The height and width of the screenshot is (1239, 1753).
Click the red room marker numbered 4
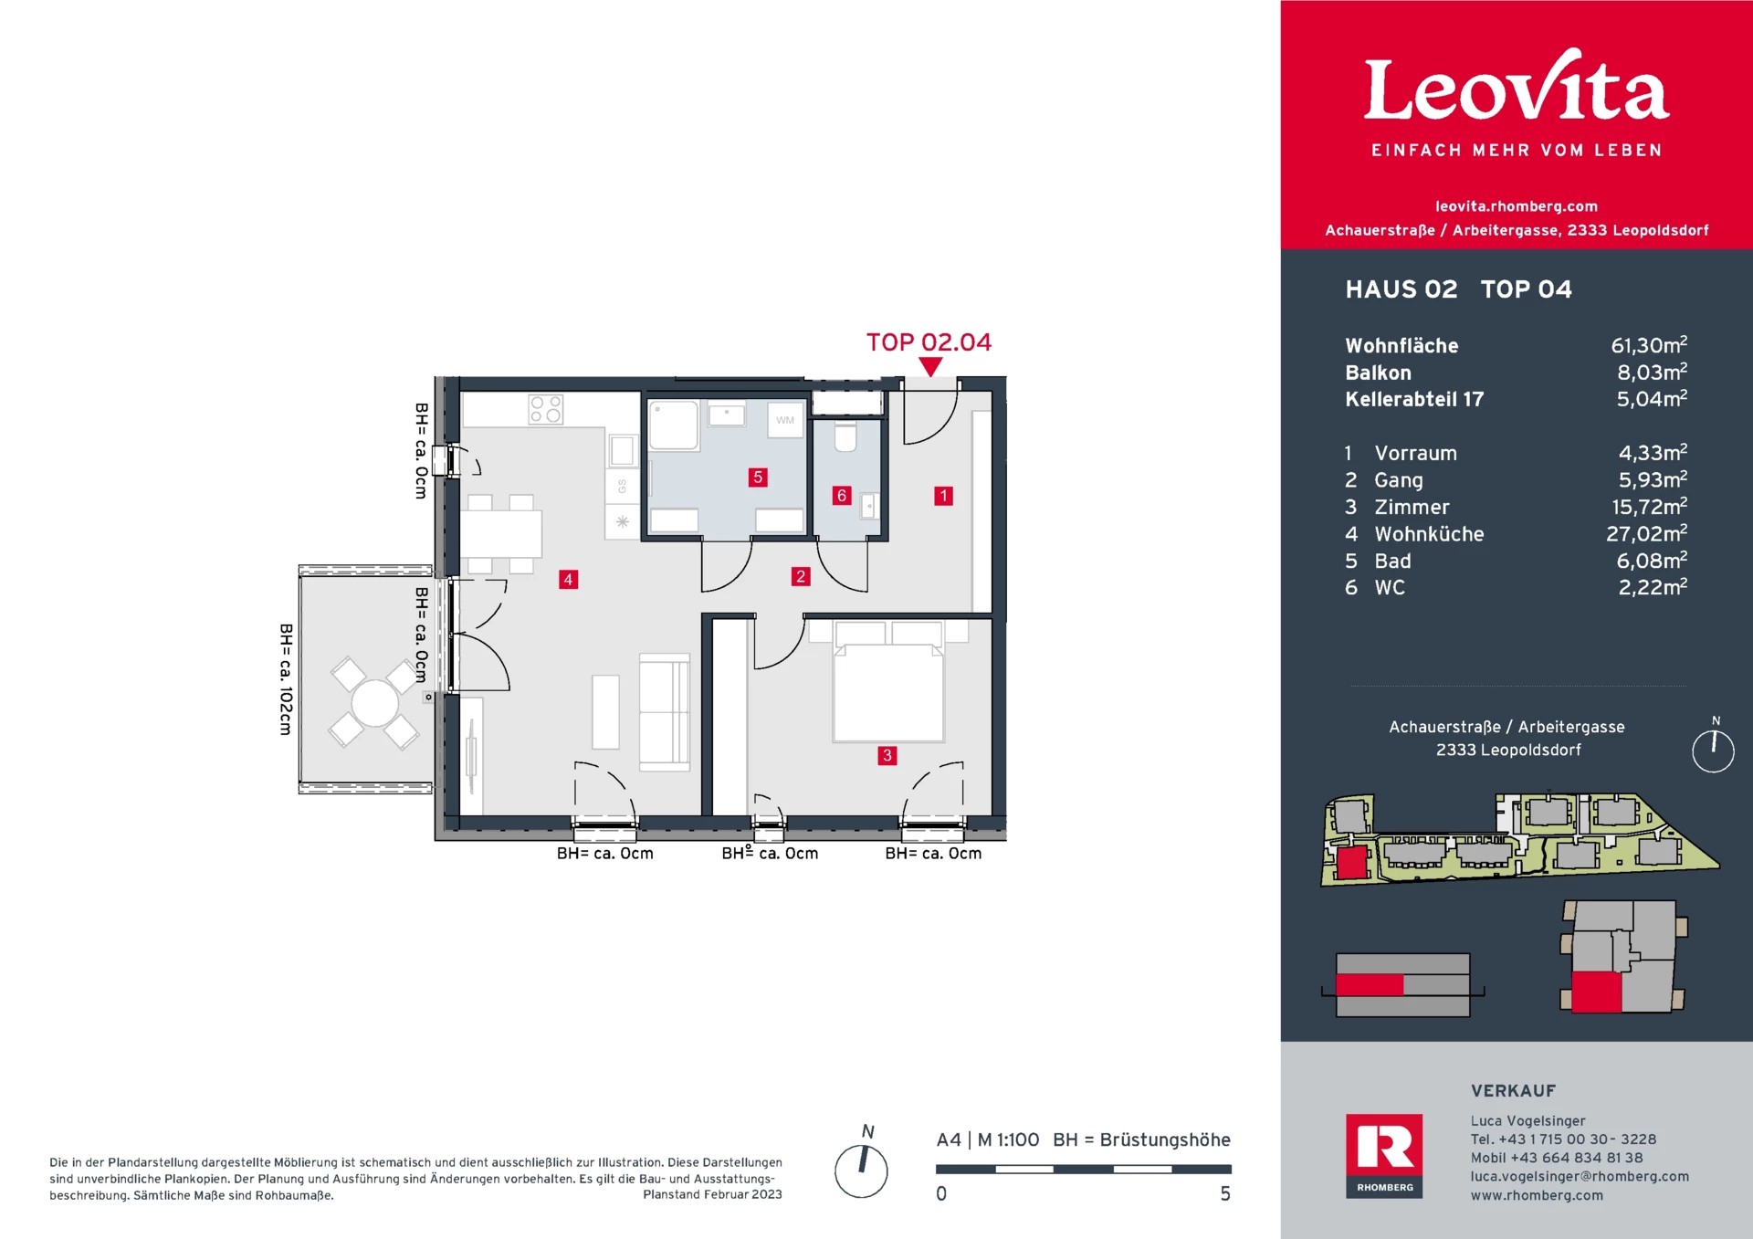pyautogui.click(x=568, y=579)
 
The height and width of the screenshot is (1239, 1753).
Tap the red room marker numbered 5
pyautogui.click(x=757, y=477)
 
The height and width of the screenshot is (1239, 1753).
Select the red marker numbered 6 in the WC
pyautogui.click(x=842, y=496)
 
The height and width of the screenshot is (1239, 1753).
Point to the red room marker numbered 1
pyautogui.click(x=943, y=496)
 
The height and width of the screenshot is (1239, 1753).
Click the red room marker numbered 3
pyautogui.click(x=887, y=755)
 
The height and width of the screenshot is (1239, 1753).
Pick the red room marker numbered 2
pyautogui.click(x=801, y=576)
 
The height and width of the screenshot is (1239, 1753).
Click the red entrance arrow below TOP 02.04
pyautogui.click(x=930, y=367)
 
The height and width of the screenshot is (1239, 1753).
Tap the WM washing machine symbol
pyautogui.click(x=785, y=420)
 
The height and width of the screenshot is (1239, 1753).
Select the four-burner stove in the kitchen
pyautogui.click(x=546, y=409)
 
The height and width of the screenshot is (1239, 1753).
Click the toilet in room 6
pyautogui.click(x=845, y=436)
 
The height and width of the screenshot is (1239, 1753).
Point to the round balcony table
pyautogui.click(x=375, y=703)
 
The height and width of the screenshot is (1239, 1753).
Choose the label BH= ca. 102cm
pyautogui.click(x=286, y=679)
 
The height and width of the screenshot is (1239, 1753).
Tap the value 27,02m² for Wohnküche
pyautogui.click(x=1647, y=533)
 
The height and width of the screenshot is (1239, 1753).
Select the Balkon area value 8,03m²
pyautogui.click(x=1652, y=372)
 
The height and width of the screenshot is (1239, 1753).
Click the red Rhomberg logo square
pyautogui.click(x=1384, y=1155)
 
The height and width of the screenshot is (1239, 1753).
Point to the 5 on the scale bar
pyautogui.click(x=1225, y=1193)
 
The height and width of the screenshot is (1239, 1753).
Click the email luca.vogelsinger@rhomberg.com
pyautogui.click(x=1580, y=1176)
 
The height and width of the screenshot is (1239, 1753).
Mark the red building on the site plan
pyautogui.click(x=1352, y=862)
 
